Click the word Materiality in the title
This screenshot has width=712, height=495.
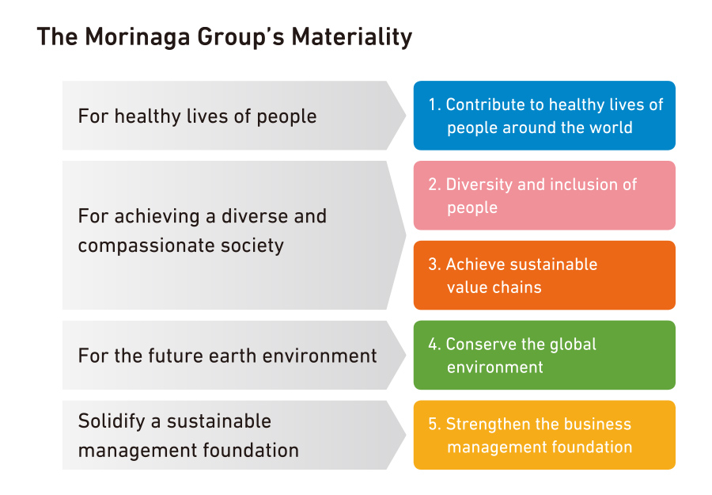[352, 37]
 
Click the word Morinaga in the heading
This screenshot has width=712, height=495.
[138, 37]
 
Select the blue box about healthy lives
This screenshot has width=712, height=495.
[544, 116]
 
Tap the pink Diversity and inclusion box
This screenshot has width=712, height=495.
[544, 196]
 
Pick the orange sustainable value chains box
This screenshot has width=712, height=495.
[544, 276]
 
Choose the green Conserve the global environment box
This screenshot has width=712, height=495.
[544, 355]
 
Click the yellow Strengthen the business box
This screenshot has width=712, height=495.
[544, 435]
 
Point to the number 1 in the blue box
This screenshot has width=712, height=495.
[432, 105]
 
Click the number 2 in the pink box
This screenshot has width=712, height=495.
[433, 185]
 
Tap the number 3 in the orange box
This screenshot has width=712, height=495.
[433, 265]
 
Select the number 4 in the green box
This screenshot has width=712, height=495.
[433, 344]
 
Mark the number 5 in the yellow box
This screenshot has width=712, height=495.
[433, 424]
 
